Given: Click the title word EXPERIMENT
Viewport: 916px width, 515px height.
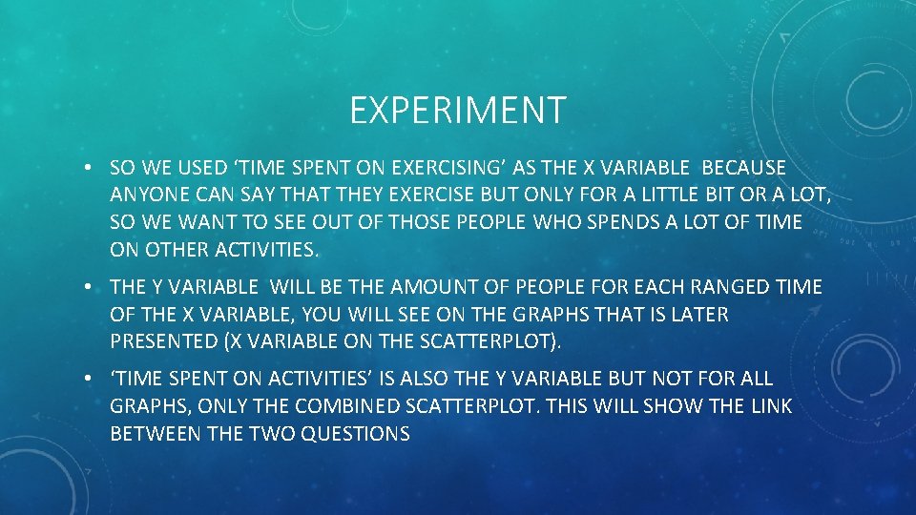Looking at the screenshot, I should (458, 111).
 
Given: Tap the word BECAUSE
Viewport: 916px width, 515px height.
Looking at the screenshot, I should (743, 168).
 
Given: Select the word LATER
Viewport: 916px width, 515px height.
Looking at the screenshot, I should (697, 315).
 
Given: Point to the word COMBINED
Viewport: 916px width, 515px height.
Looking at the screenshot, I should (347, 406).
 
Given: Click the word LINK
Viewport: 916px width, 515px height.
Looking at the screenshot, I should (771, 406).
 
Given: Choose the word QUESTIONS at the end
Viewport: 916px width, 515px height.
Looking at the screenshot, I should (355, 434).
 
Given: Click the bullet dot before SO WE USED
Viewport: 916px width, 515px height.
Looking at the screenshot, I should (86, 169).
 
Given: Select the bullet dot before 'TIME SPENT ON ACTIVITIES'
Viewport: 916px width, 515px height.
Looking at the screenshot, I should (86, 380).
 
